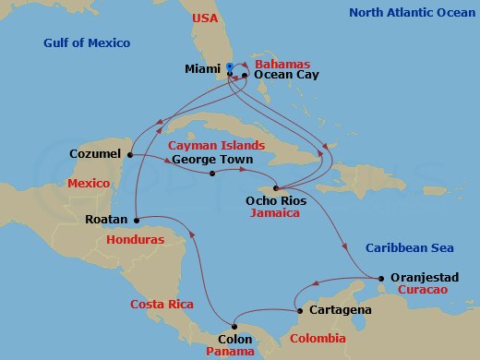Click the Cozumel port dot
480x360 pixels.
(x=130, y=154)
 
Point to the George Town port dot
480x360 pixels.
(x=212, y=173)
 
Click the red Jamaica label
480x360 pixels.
(x=276, y=212)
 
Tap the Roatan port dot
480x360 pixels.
(x=136, y=220)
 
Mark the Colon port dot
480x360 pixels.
(x=234, y=325)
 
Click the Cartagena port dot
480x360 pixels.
(x=299, y=311)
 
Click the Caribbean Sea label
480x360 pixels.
(x=408, y=248)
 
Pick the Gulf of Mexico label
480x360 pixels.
(x=87, y=43)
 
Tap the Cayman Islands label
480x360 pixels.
(x=217, y=145)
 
